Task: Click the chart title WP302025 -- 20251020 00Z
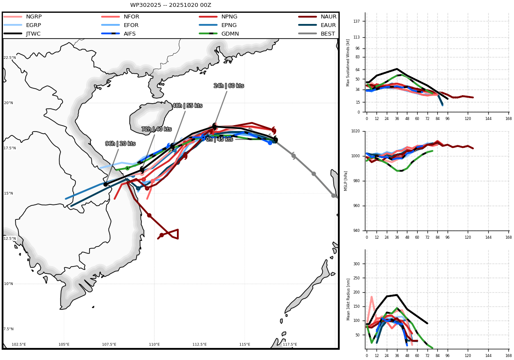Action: [170, 5]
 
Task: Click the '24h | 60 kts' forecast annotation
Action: [229, 86]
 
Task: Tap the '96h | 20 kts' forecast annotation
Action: [120, 144]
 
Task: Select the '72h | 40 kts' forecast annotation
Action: [156, 129]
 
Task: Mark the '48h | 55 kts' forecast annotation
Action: [187, 105]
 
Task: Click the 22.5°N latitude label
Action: [10, 57]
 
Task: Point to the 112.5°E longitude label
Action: [200, 345]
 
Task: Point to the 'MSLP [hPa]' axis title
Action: [346, 181]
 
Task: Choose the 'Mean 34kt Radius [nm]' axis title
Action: [348, 300]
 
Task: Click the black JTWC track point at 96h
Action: [105, 184]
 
